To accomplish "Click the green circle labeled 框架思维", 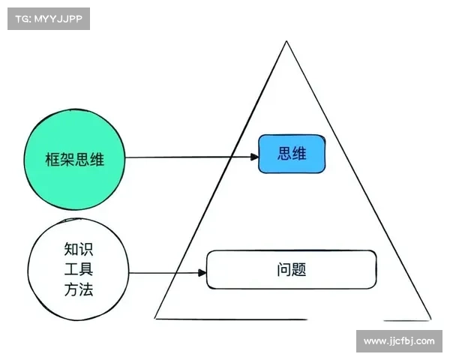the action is (x=74, y=159).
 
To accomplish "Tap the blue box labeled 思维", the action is (x=292, y=154).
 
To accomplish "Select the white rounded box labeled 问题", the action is (x=291, y=269).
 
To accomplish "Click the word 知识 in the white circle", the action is (x=79, y=249).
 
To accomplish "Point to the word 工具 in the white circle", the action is (x=79, y=269).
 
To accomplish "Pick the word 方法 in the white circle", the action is (x=79, y=289).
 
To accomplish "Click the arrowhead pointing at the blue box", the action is (x=254, y=157).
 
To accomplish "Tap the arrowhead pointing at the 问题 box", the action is (x=202, y=272).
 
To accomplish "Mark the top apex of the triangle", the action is (x=286, y=41).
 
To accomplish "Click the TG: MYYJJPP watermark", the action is (x=49, y=19).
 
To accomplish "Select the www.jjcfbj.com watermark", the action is (x=399, y=341).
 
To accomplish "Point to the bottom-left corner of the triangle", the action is (x=155, y=318).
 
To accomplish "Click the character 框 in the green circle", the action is (x=52, y=160).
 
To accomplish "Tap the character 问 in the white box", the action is (x=284, y=269).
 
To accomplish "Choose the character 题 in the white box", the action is (x=299, y=269).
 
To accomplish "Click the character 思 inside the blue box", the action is (x=284, y=153).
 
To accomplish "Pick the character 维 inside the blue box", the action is (x=299, y=153).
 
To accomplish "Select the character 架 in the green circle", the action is (x=67, y=160).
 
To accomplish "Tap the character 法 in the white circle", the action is (x=86, y=289).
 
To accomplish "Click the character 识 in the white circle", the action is (x=86, y=249).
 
